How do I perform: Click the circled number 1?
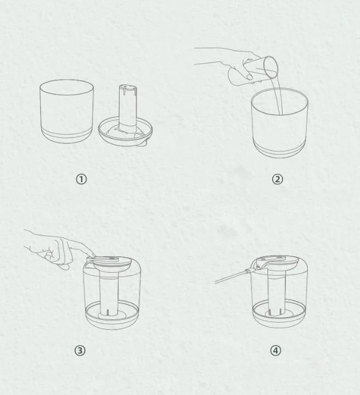81,179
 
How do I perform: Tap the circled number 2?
277,179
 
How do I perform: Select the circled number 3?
80,351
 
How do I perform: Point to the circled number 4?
275,351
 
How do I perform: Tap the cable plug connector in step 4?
249,272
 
